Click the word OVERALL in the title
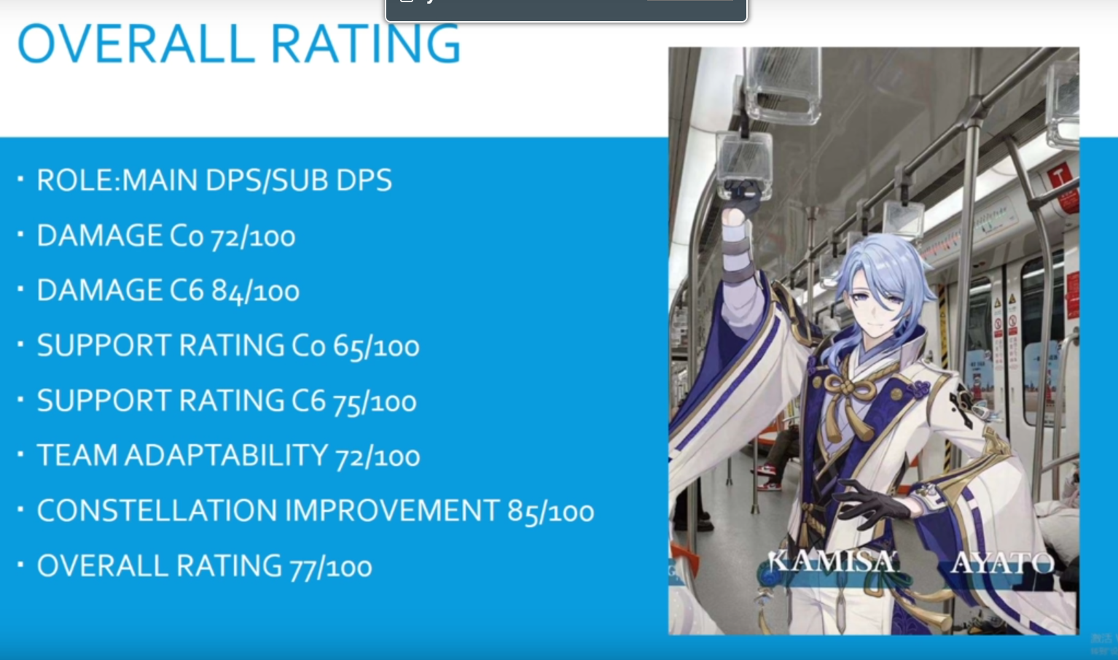[x=133, y=44]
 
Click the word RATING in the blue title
[x=365, y=44]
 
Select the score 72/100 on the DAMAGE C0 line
[x=253, y=236]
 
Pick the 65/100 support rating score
[x=376, y=346]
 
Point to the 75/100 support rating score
[x=375, y=402]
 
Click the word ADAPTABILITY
[x=226, y=455]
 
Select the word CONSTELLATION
[x=157, y=510]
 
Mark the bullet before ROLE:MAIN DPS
[x=20, y=178]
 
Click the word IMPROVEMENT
[x=392, y=510]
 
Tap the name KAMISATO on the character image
[x=833, y=562]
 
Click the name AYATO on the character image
[x=1002, y=564]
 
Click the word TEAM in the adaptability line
[x=77, y=455]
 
